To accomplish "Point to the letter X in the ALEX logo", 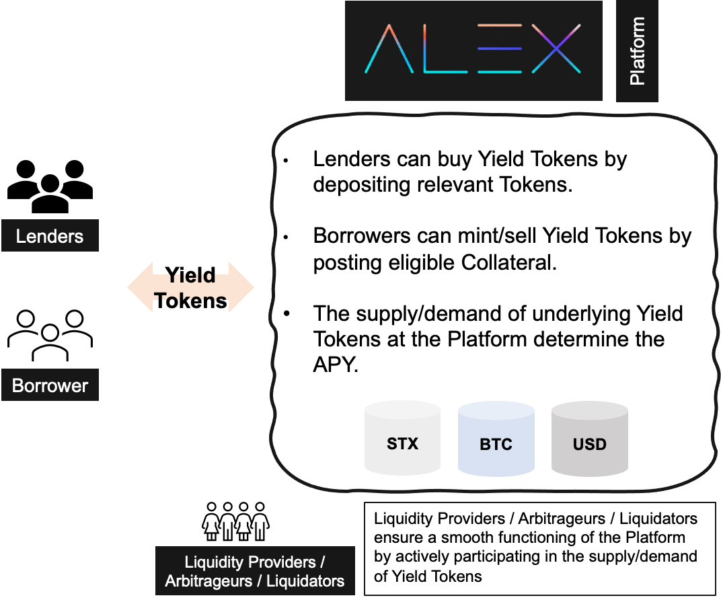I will coord(556,49).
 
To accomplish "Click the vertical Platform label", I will coord(636,51).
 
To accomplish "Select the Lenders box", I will coord(50,236).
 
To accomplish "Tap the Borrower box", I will coord(50,385).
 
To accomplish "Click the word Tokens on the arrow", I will coord(191,298).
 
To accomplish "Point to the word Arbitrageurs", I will coord(207,581).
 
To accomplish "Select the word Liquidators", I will coord(306,581).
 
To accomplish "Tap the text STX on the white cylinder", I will coord(402,444).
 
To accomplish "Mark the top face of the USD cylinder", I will coord(589,410).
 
